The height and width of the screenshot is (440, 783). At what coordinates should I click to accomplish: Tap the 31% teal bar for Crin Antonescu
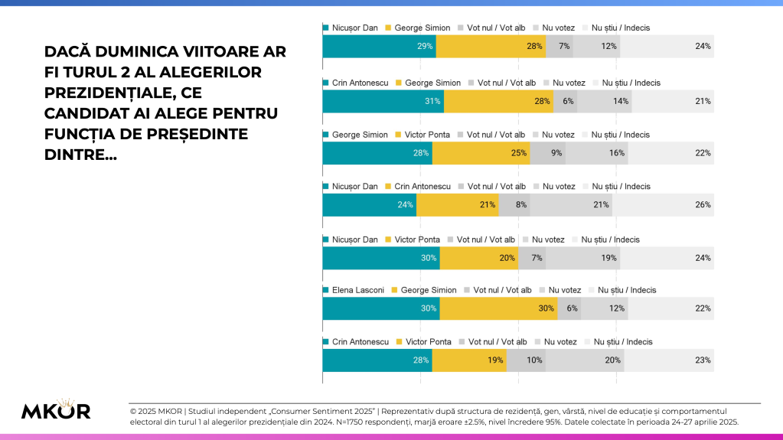(x=383, y=101)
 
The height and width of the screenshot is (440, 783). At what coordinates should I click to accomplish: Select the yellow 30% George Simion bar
(x=498, y=308)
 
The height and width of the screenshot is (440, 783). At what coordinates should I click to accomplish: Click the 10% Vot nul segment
(x=526, y=360)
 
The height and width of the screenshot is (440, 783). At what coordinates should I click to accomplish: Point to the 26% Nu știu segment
(x=663, y=204)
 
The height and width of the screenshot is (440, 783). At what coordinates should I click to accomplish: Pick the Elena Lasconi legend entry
(x=357, y=290)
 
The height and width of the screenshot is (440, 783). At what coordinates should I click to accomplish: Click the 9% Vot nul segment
(x=547, y=153)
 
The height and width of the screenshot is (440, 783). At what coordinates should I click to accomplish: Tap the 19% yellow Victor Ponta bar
(x=469, y=360)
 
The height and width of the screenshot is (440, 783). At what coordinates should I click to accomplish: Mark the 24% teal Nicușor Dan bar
(x=369, y=204)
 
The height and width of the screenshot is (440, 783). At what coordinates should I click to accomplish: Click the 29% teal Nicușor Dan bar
(x=379, y=47)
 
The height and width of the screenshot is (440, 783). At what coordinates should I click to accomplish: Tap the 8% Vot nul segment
(x=514, y=204)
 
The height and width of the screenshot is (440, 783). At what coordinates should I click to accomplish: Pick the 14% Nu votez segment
(x=605, y=101)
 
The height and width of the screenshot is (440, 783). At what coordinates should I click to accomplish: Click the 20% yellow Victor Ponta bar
(x=479, y=258)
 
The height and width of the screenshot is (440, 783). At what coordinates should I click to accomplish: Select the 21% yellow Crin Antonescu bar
(x=457, y=204)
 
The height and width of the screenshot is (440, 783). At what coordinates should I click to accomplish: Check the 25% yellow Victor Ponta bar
(x=481, y=153)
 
